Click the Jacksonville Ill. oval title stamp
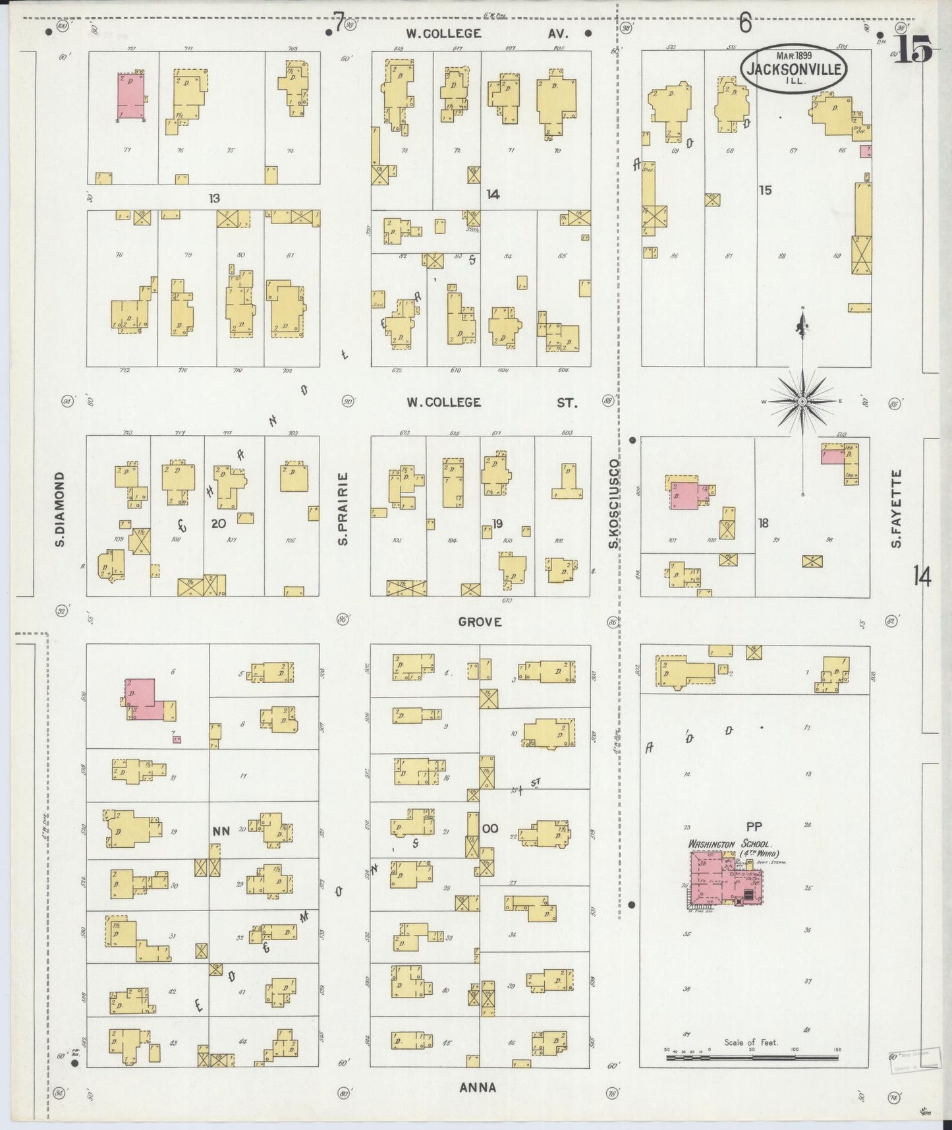click(x=794, y=68)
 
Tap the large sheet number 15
click(x=912, y=50)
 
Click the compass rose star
click(x=802, y=401)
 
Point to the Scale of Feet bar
click(x=752, y=1057)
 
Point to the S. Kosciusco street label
click(x=613, y=504)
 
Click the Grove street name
click(x=480, y=622)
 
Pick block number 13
click(x=213, y=198)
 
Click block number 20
click(x=218, y=524)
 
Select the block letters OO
click(x=490, y=829)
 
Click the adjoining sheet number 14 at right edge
click(x=922, y=578)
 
